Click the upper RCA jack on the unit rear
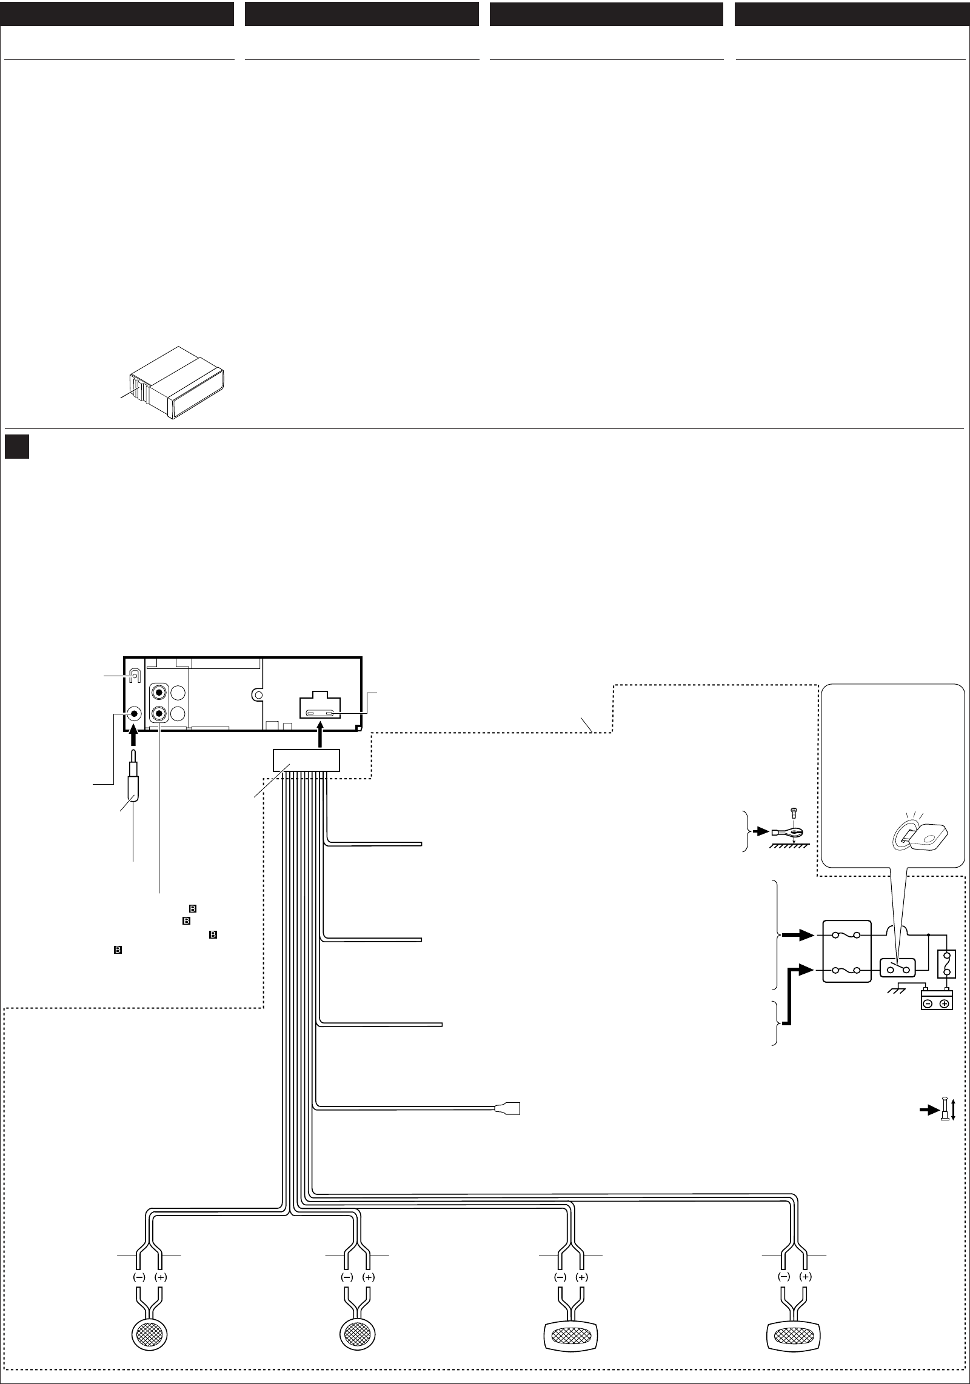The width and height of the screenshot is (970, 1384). pos(159,692)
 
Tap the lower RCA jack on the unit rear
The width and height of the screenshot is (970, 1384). pos(159,714)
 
